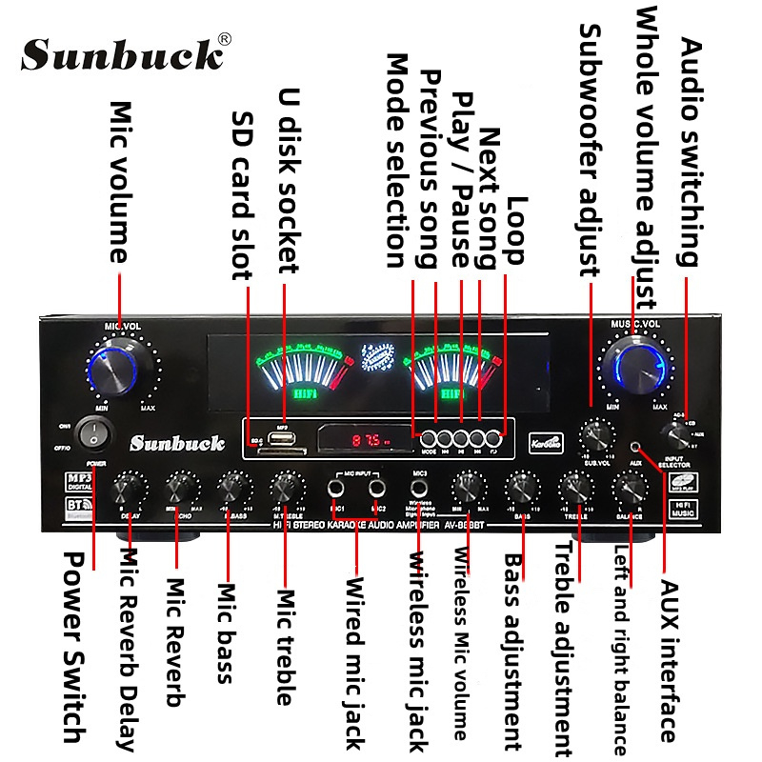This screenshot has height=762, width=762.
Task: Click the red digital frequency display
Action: (x=366, y=441)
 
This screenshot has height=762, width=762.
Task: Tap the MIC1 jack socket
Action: (x=336, y=489)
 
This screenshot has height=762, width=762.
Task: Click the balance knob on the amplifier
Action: (x=628, y=490)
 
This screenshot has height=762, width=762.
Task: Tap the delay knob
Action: (x=126, y=490)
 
